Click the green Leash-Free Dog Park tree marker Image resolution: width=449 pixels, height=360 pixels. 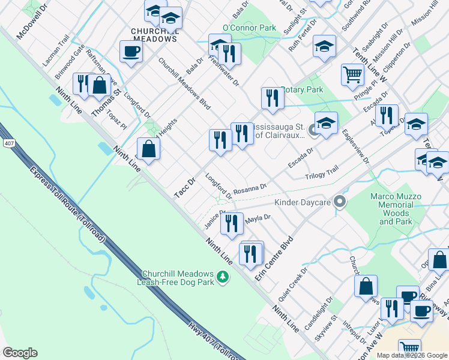tap(223, 277)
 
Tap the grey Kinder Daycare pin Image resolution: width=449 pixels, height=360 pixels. tap(340, 202)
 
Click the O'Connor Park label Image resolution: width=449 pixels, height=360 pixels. tap(249, 28)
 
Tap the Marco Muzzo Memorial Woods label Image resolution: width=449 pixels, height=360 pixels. tap(395, 209)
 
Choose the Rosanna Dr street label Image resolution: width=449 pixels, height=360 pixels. tap(250, 187)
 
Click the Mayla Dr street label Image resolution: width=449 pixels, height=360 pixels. tap(259, 219)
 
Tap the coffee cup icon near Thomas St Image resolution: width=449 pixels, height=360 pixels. tap(131, 52)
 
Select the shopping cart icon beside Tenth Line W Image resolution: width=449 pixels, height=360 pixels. tap(352, 74)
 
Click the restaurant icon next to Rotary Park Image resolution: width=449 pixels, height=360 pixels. tap(273, 98)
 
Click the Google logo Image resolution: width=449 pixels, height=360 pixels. tap(20, 353)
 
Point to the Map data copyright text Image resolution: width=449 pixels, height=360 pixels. tap(412, 355)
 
